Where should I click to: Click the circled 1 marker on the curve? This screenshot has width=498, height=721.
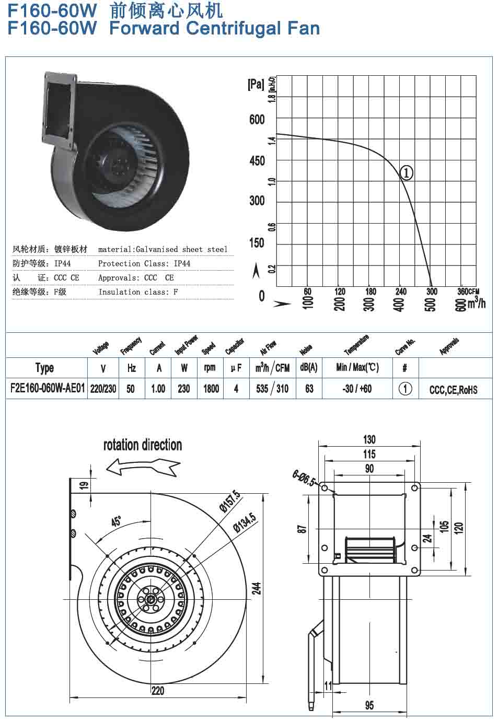[406, 172]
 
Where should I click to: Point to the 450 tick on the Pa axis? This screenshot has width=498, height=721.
[257, 161]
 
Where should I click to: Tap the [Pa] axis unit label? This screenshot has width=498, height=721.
[256, 84]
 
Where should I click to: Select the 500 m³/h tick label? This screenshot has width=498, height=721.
[431, 305]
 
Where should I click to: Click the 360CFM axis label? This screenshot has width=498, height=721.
[468, 292]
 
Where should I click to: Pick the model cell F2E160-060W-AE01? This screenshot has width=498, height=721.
[48, 388]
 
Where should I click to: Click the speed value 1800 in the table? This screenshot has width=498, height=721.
[211, 389]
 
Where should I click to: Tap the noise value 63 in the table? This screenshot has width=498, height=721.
[309, 389]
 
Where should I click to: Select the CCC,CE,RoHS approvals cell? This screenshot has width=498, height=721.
[453, 390]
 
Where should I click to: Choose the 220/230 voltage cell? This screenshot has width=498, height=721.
[103, 389]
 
